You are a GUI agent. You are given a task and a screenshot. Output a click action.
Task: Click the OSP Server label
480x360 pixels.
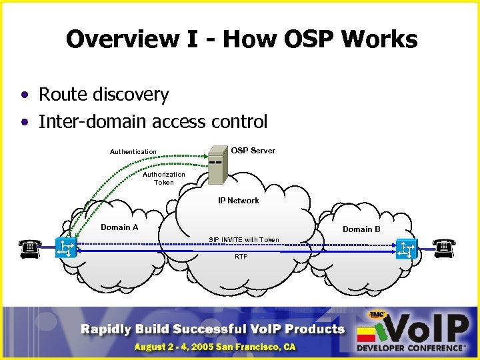point(253,151)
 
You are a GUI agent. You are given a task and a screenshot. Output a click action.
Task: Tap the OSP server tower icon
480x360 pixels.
point(218,165)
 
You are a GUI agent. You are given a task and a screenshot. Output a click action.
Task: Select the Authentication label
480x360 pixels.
point(133,152)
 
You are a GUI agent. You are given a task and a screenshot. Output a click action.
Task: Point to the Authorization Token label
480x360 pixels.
point(163,178)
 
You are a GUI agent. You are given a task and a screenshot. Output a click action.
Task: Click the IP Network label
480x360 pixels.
point(239,201)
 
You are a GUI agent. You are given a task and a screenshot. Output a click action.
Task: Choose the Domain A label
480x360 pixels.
point(119,227)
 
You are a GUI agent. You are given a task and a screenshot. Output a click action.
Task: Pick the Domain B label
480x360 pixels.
point(361,229)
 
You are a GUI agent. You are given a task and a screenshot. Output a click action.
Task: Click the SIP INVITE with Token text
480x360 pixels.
point(244,239)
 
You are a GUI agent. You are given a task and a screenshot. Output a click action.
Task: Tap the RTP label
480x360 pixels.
point(241,257)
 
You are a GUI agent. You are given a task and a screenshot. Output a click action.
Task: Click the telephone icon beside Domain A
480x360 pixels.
point(28,249)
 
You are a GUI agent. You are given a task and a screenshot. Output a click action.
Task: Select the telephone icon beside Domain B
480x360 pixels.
point(443,249)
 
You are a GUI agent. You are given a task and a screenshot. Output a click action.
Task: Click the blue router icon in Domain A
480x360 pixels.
point(66,249)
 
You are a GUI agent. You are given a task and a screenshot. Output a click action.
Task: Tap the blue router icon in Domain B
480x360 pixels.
point(406,249)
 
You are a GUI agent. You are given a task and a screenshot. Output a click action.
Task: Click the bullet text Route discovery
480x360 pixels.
point(103,95)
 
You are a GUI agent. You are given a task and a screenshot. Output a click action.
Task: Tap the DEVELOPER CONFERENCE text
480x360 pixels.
point(409,347)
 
